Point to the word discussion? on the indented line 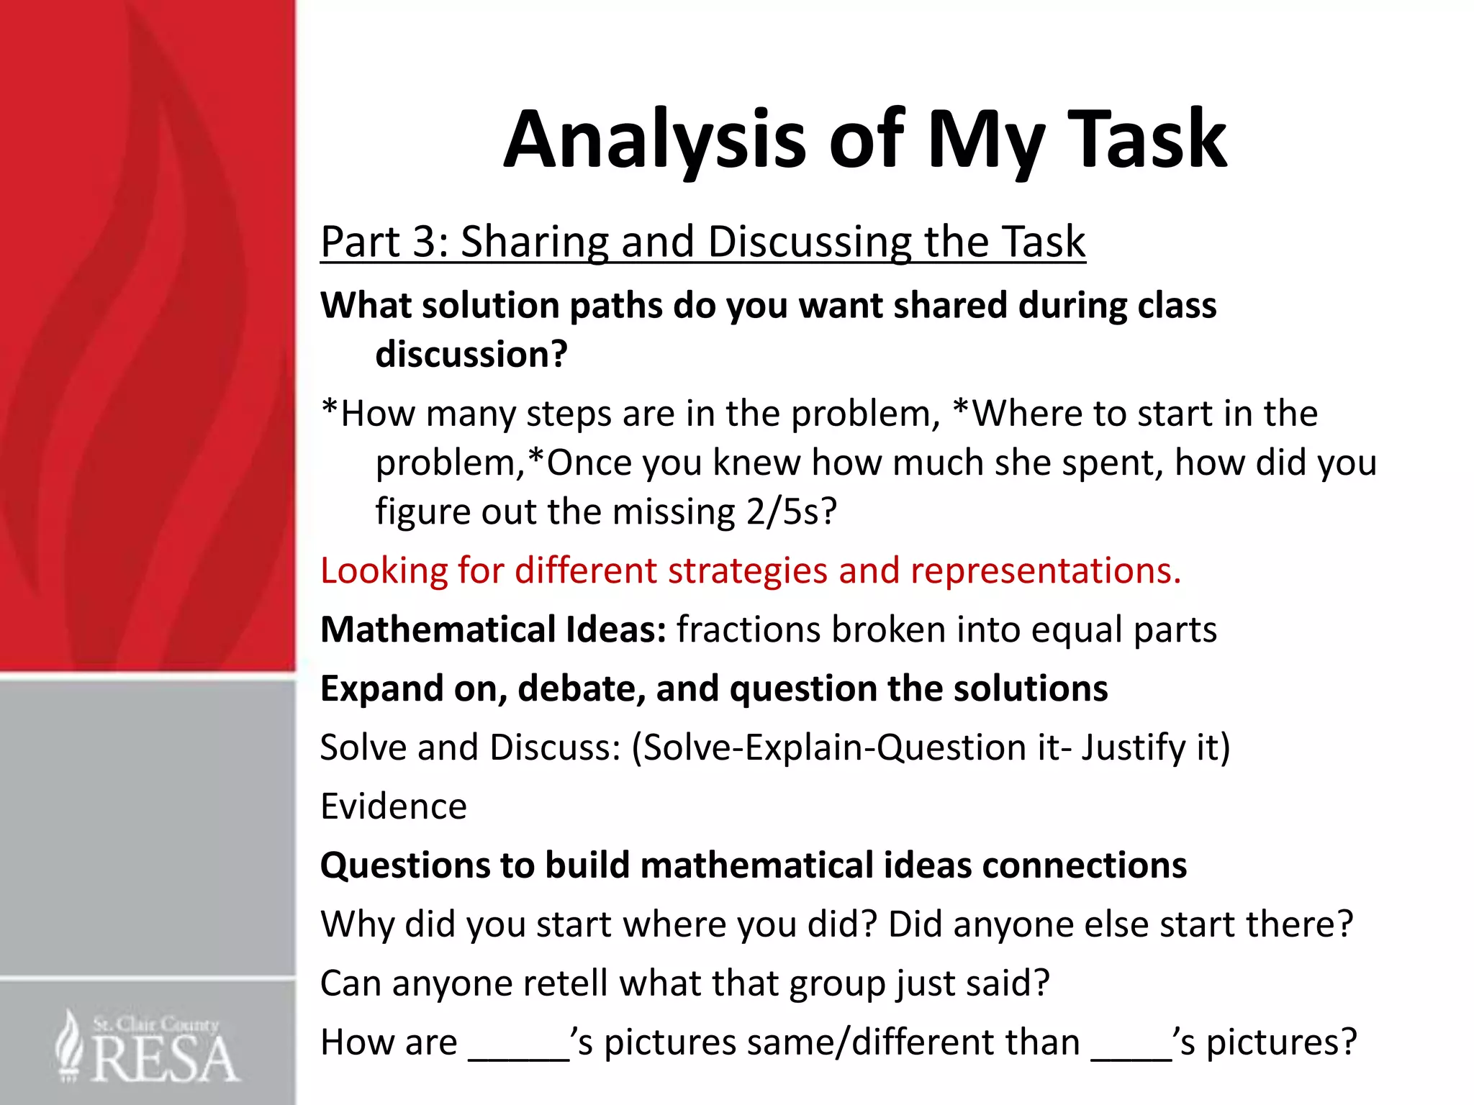tap(471, 355)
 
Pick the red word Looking tap(384, 571)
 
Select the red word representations tap(1045, 571)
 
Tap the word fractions tap(748, 630)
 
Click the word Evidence tap(393, 807)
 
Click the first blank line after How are tap(518, 1055)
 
